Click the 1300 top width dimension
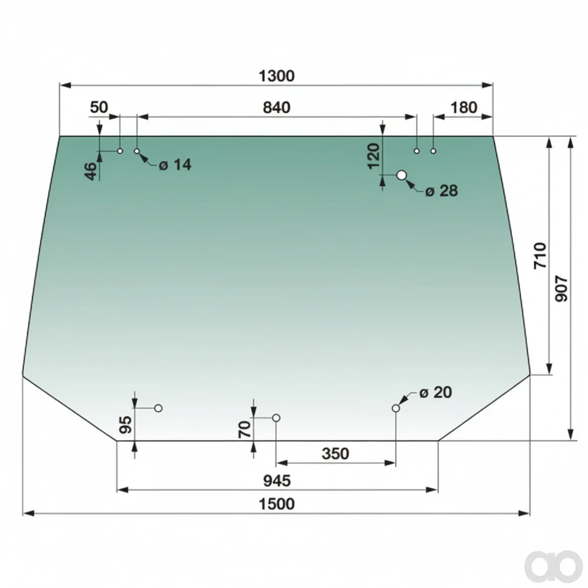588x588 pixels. tap(276, 76)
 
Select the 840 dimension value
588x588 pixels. tap(276, 108)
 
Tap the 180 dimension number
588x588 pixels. tap(463, 108)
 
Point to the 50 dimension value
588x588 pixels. tap(99, 107)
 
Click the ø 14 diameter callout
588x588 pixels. tap(175, 165)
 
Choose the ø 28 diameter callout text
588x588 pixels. tap(441, 191)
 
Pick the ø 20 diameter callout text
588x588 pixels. tap(436, 392)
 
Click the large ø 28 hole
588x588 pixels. tap(402, 175)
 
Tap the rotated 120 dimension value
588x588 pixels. tap(373, 156)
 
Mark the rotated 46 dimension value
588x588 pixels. tap(90, 171)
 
